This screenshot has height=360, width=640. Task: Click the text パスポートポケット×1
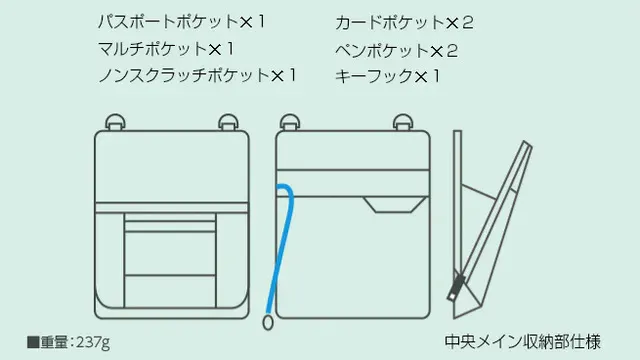[182, 22]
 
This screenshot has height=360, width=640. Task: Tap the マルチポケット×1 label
[166, 49]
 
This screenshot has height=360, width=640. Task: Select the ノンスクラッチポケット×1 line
[197, 75]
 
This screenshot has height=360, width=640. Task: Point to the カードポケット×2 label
[404, 22]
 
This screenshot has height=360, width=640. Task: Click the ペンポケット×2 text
[396, 51]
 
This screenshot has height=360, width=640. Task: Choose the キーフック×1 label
[387, 76]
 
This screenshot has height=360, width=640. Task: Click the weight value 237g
[93, 342]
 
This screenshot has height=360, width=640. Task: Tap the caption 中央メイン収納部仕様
[522, 342]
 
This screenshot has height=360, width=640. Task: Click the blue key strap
[282, 245]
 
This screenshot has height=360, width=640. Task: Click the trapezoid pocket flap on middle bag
[395, 204]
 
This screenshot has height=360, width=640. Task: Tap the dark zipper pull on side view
[456, 287]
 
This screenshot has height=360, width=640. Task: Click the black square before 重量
[33, 342]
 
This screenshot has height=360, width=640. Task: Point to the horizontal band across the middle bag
[353, 183]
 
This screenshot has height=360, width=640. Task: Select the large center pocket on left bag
[170, 253]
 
